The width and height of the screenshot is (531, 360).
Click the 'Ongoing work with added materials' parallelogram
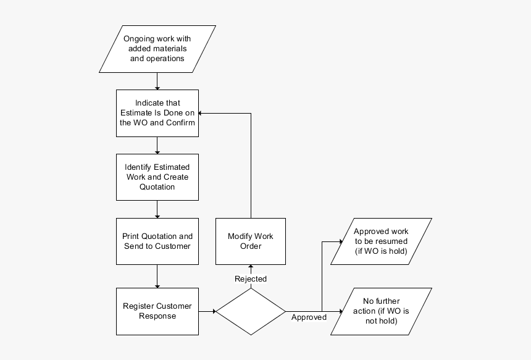(x=157, y=49)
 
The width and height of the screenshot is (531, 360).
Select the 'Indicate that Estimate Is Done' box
(x=157, y=112)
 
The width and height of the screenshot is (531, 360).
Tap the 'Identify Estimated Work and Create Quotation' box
(x=157, y=177)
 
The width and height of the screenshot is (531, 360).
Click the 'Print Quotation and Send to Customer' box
(x=157, y=241)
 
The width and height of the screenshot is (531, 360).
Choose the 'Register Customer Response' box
(x=157, y=311)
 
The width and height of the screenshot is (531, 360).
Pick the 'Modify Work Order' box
(x=250, y=241)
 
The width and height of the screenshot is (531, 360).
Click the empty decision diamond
(x=250, y=311)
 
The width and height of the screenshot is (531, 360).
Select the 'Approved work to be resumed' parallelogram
(x=381, y=241)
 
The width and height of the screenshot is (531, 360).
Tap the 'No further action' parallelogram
(x=381, y=311)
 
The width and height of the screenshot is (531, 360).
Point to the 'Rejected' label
(x=251, y=279)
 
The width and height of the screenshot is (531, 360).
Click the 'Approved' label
(x=309, y=317)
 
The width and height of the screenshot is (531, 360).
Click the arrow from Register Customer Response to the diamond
(x=207, y=311)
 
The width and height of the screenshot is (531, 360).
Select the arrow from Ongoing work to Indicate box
(x=157, y=81)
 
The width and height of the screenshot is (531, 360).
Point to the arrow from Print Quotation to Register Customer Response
(x=157, y=276)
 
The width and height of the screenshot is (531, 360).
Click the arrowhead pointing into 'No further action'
(x=339, y=311)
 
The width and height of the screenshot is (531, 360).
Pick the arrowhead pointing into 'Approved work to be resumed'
(x=339, y=241)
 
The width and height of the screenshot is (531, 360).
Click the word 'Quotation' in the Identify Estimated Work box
(x=157, y=187)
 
